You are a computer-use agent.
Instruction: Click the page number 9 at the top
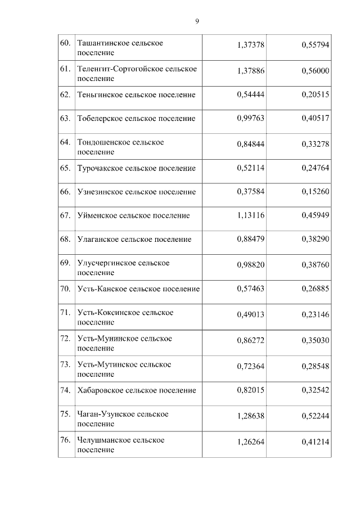[x=197, y=21]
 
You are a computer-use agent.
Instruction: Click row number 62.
[x=65, y=95]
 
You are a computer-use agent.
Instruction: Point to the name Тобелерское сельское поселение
[x=136, y=119]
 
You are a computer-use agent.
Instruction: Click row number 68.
[x=65, y=239]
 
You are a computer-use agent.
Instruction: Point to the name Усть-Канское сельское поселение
[x=138, y=289]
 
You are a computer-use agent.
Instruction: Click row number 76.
[x=65, y=440]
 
